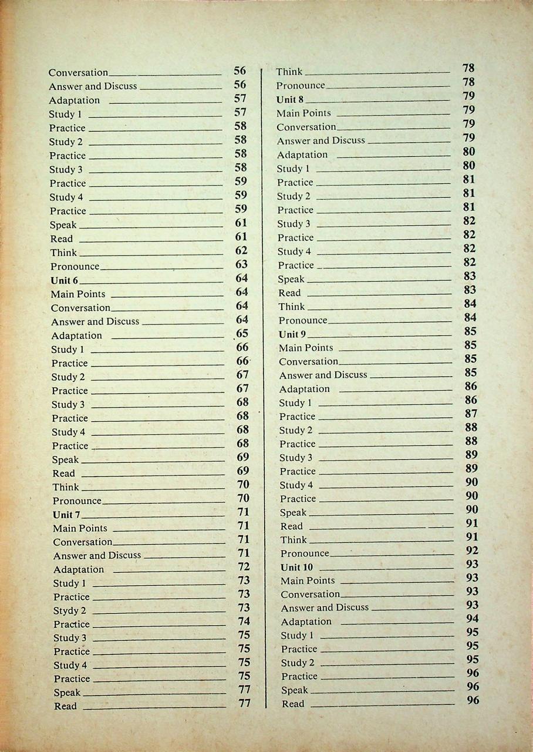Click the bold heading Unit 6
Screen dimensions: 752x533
coord(65,280)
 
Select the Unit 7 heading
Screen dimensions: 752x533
coord(66,515)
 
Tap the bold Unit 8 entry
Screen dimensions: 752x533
coord(290,99)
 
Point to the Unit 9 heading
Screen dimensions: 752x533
coord(292,334)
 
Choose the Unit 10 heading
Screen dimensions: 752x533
coord(296,568)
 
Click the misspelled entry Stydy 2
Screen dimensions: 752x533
coord(70,610)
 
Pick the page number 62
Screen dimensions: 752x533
coord(241,251)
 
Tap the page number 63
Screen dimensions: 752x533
coord(241,264)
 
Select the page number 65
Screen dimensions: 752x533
coord(242,334)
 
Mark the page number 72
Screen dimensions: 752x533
coord(244,567)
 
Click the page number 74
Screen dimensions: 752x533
coord(244,622)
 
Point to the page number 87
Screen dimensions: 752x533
coord(471,414)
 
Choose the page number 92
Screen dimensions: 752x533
coord(472,550)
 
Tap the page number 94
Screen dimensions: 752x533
coord(472,619)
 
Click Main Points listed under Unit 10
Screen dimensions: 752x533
coord(308,580)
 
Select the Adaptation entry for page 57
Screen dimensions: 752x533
coord(75,100)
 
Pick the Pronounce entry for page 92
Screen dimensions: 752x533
coord(305,553)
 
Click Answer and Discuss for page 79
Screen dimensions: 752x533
coord(321,140)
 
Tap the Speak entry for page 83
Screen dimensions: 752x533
coord(291,279)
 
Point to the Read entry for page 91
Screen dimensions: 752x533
coord(292,526)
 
